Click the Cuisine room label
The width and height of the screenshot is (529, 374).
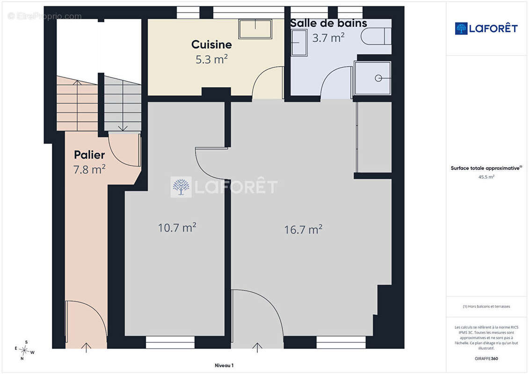click(x=211, y=44)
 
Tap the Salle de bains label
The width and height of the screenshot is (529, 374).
click(x=329, y=23)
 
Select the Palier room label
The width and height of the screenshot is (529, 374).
click(x=89, y=155)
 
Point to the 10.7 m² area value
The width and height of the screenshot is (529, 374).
click(x=177, y=228)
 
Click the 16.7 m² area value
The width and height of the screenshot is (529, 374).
click(x=303, y=230)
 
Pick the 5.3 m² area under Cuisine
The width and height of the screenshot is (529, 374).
click(x=211, y=59)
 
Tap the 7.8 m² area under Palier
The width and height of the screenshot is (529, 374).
click(x=89, y=169)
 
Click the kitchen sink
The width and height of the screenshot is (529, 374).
click(x=255, y=29)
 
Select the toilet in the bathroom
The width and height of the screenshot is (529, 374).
click(x=376, y=36)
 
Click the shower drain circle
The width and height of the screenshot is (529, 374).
click(x=378, y=78)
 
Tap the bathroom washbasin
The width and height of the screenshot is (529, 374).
click(x=299, y=43)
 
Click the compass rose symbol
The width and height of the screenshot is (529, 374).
click(x=24, y=351)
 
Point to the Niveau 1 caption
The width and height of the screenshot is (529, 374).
click(x=224, y=365)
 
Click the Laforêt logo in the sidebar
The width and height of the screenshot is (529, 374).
click(x=486, y=29)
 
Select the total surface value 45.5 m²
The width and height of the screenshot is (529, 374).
click(x=486, y=177)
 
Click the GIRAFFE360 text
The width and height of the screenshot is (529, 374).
click(x=486, y=359)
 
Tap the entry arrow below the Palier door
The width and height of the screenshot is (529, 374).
click(x=87, y=348)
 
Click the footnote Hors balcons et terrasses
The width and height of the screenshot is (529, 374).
click(x=486, y=307)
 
